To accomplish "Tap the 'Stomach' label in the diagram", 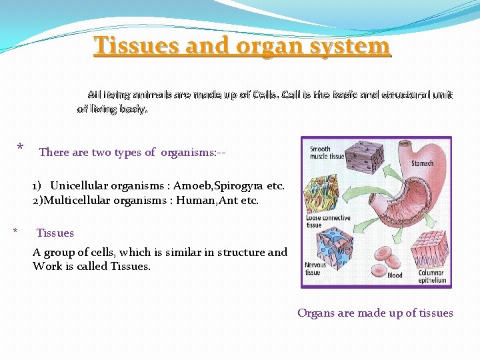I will [x=422, y=163].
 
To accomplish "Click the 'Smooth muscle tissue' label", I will [x=325, y=153].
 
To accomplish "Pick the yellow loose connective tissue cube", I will [x=322, y=191].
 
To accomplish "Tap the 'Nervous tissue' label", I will [x=316, y=269].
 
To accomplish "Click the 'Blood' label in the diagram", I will [x=395, y=275].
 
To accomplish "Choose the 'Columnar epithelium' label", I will [x=432, y=277].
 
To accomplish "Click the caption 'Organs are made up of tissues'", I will [x=375, y=313].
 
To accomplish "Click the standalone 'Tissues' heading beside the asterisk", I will [x=55, y=233].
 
